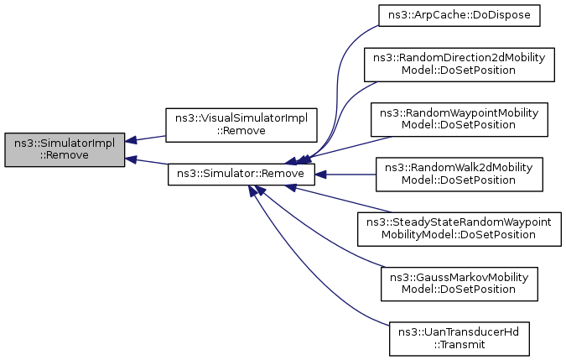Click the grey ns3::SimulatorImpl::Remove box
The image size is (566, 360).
(x=65, y=149)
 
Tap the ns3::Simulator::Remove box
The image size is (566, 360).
(x=241, y=175)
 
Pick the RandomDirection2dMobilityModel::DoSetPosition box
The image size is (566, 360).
(x=459, y=64)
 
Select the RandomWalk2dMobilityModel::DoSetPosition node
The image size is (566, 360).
(x=459, y=175)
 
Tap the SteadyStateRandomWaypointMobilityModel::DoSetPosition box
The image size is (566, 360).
(x=459, y=228)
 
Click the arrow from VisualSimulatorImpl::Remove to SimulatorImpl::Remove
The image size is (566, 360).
(x=146, y=138)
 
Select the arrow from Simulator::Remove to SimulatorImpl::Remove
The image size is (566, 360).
(x=146, y=162)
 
